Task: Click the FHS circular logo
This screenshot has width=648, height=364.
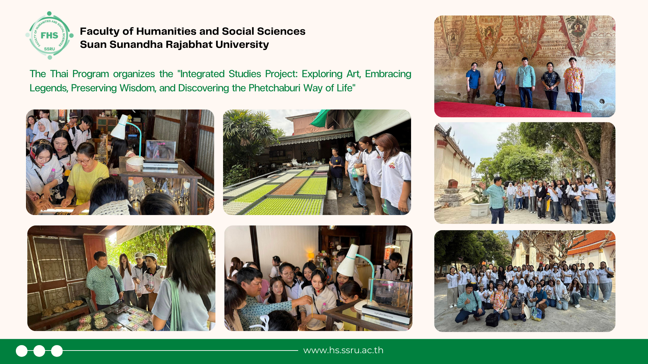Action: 50,35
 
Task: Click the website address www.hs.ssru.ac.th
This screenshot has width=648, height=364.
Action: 343,350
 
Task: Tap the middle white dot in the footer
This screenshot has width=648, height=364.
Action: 39,351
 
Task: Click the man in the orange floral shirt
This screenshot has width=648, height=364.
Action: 574,84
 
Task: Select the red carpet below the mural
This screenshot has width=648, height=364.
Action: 513,110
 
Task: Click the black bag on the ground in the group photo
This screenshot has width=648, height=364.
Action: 492,320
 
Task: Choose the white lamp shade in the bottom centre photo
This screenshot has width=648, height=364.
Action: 348,262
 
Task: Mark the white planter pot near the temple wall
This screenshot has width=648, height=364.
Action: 479,210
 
